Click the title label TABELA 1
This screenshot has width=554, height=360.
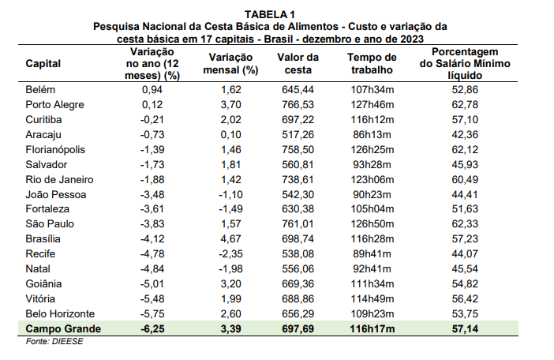[270, 14]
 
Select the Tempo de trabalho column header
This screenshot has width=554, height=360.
[372, 63]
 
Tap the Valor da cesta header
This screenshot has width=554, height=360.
[298, 63]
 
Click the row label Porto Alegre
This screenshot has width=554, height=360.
[54, 104]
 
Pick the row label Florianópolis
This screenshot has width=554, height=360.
[55, 149]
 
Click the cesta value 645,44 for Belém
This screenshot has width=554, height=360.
[298, 89]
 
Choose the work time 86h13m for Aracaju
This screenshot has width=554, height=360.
[372, 134]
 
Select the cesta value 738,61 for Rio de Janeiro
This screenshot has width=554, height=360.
[298, 178]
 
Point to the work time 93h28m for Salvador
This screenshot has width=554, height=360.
[372, 164]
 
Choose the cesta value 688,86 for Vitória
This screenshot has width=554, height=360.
[298, 297]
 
